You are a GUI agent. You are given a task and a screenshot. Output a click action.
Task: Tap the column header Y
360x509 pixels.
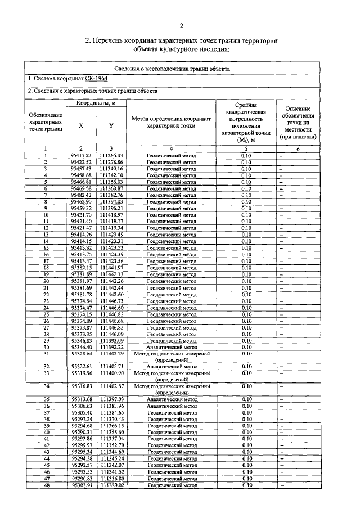coord(111,126)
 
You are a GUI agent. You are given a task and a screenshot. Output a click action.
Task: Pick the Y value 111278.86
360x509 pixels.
coord(111,162)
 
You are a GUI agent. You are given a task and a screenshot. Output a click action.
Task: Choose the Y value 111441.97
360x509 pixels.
coord(111,268)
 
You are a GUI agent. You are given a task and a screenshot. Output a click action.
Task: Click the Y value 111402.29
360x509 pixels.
coord(111,354)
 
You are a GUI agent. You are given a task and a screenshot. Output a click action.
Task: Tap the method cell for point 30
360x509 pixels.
coord(171,348)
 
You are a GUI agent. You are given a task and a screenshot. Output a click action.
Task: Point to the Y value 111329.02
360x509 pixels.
coord(111,485)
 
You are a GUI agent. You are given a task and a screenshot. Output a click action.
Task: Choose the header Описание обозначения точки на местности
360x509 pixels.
coord(298,123)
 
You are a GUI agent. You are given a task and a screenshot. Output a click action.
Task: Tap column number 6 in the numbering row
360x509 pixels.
coord(298,148)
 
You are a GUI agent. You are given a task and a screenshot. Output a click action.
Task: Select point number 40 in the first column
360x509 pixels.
coord(45,432)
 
